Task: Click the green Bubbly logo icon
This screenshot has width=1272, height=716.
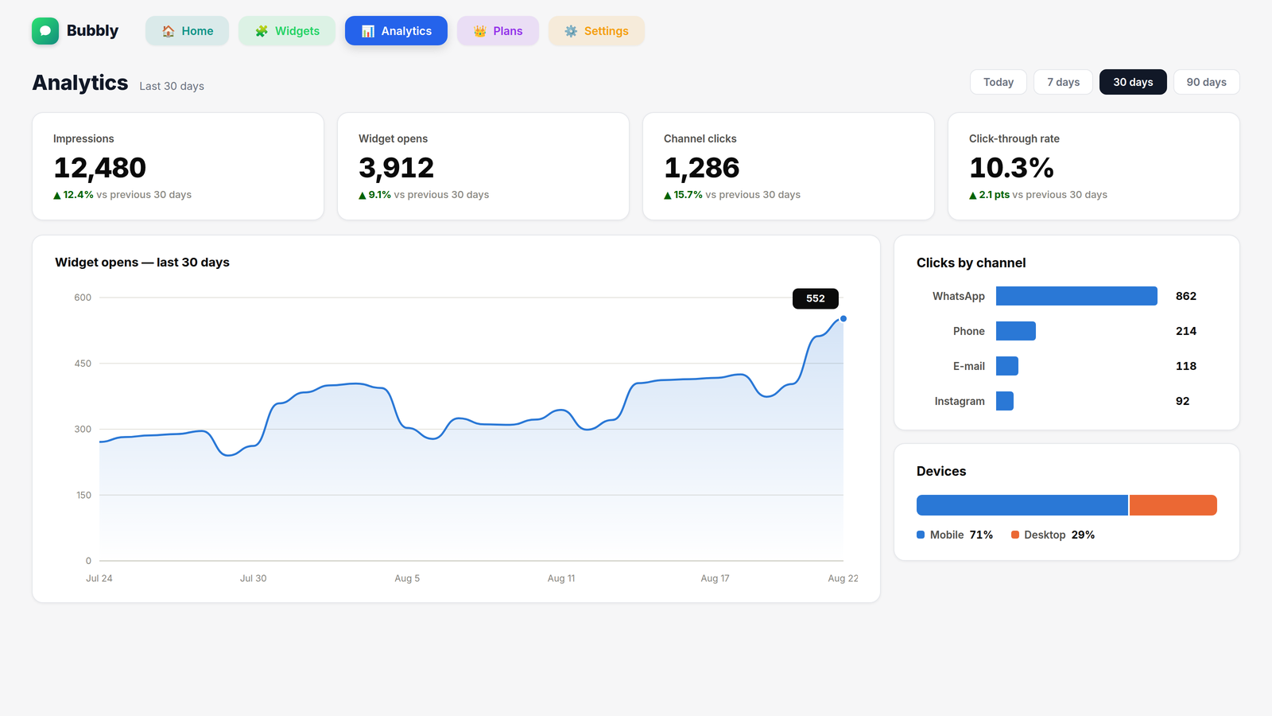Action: [x=45, y=31]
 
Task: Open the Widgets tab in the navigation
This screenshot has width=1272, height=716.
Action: [x=287, y=31]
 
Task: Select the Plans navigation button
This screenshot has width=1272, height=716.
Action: [x=498, y=31]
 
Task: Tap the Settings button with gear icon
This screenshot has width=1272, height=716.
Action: [x=596, y=31]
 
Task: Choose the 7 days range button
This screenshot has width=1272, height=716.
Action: [x=1063, y=82]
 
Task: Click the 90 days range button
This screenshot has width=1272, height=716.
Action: [x=1206, y=82]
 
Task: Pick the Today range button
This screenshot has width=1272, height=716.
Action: [x=999, y=82]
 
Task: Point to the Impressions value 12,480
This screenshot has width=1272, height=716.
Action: [x=100, y=168]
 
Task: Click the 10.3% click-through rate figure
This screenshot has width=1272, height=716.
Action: [x=1011, y=168]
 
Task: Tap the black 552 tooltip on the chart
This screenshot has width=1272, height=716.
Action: [x=816, y=298]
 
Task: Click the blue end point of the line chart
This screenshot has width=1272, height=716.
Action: [x=843, y=319]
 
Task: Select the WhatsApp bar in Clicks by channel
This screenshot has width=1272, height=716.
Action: [x=1076, y=296]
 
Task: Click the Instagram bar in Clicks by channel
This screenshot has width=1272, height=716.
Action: [x=1005, y=401]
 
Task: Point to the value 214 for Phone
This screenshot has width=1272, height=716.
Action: [x=1185, y=331]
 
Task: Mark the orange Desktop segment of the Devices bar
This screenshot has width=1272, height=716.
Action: [x=1173, y=505]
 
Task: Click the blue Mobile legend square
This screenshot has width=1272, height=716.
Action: [x=921, y=535]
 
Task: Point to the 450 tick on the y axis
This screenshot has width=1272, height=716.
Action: [x=83, y=363]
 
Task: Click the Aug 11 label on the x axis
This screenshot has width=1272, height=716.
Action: [x=561, y=578]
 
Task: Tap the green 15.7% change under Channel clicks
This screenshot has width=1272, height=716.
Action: [x=688, y=194]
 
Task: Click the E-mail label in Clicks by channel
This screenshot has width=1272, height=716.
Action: [x=969, y=366]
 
